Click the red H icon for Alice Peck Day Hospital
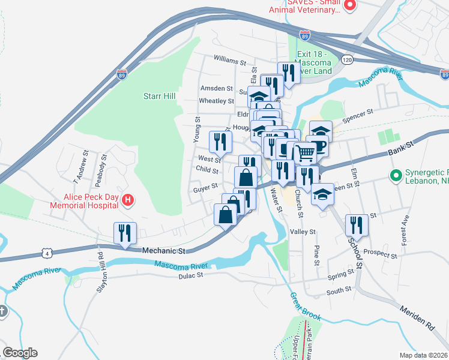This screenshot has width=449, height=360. click(x=127, y=200)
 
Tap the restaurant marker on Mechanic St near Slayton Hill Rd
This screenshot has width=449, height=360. click(x=125, y=233)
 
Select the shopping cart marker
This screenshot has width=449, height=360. click(x=306, y=154)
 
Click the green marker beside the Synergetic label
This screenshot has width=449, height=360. click(x=395, y=176)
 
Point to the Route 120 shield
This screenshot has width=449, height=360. click(x=346, y=60)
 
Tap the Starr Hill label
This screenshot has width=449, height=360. click(x=158, y=95)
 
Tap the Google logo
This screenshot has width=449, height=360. click(x=20, y=352)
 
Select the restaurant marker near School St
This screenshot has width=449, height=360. click(x=357, y=226)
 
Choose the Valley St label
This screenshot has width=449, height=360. click(x=303, y=232)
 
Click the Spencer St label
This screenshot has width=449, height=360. click(x=362, y=112)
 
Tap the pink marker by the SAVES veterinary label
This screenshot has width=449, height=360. click(x=350, y=5)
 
